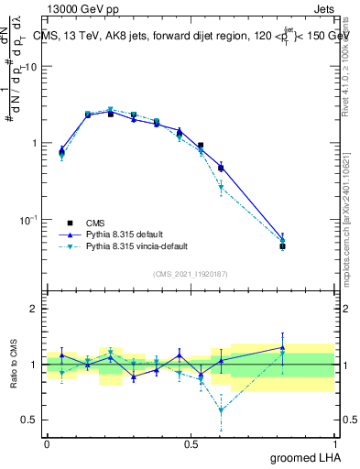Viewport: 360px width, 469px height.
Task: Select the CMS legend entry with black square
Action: [70, 223]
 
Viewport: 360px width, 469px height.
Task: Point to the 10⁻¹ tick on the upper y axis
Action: [29, 220]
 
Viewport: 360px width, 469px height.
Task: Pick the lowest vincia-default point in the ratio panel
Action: [221, 410]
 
